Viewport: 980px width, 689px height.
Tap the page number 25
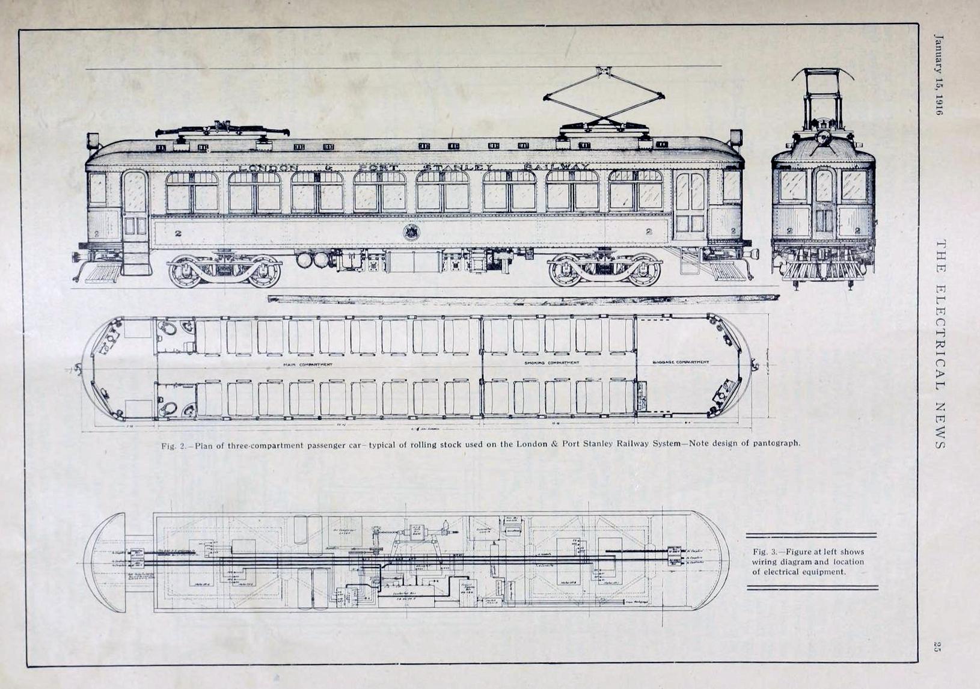tap(936, 647)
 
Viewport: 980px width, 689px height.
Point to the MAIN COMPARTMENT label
tap(307, 364)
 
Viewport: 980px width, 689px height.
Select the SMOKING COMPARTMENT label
tap(551, 363)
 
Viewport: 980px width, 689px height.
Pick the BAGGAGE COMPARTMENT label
tap(681, 363)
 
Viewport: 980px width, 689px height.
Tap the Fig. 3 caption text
tap(807, 562)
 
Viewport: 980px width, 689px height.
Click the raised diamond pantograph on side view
tap(603, 96)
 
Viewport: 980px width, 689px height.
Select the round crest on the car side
tap(411, 231)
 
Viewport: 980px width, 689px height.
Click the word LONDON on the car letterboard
tap(268, 168)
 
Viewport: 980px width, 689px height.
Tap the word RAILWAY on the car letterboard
tap(556, 167)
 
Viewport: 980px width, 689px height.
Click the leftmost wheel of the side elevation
tap(184, 271)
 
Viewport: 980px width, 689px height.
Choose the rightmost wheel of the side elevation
tap(643, 271)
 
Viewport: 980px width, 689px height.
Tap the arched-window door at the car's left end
tap(135, 204)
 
